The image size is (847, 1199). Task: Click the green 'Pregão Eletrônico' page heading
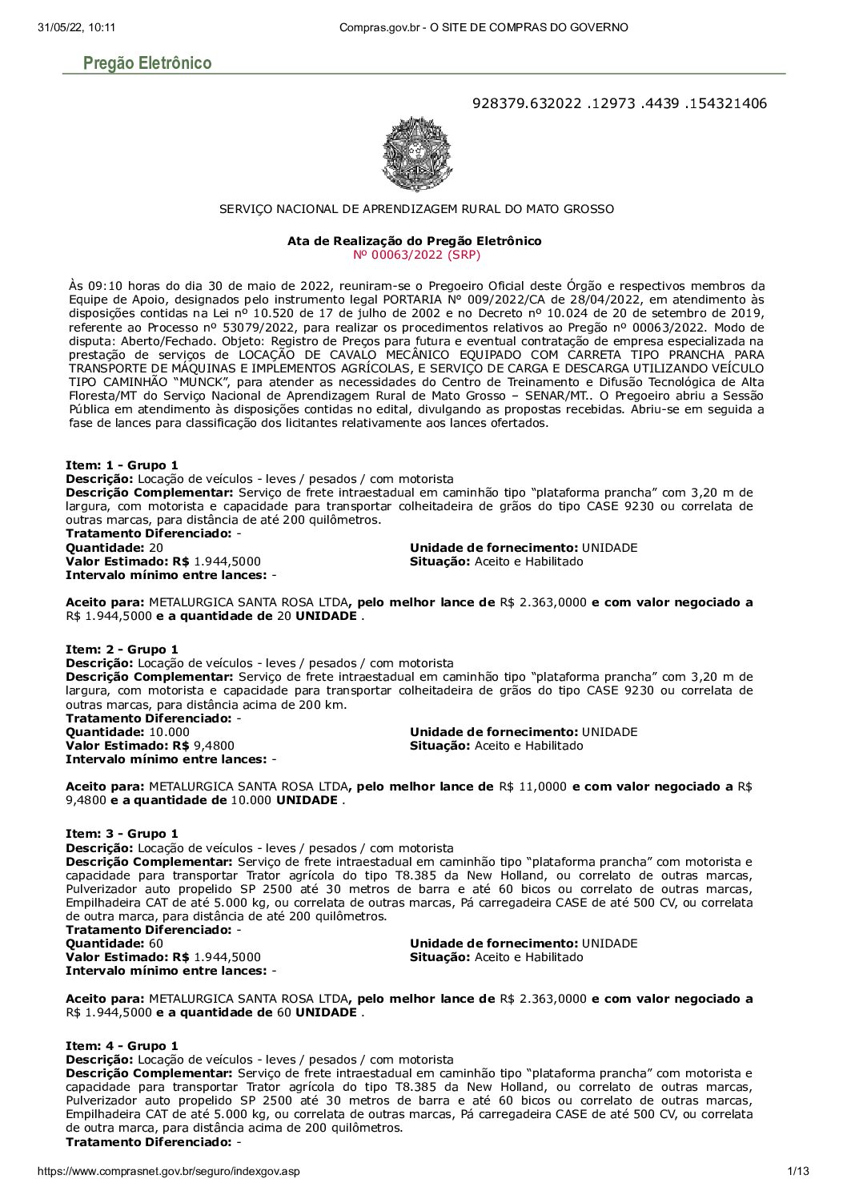click(x=147, y=63)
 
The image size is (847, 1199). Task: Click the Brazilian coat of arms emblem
click(x=417, y=154)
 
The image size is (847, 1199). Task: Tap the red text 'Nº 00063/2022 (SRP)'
click(x=416, y=255)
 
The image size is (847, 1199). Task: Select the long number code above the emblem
click(x=619, y=103)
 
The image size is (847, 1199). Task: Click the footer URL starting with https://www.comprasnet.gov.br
click(x=169, y=1171)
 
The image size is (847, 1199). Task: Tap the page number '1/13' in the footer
click(x=798, y=1171)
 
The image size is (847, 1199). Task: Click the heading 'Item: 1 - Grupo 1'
click(x=122, y=465)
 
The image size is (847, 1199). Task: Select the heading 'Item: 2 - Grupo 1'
click(x=122, y=650)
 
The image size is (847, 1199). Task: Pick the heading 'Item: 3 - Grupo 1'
click(x=122, y=834)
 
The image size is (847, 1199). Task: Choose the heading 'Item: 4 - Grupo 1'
click(x=122, y=1046)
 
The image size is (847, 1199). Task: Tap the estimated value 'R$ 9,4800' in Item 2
click(x=214, y=746)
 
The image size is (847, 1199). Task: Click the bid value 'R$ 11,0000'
click(x=532, y=787)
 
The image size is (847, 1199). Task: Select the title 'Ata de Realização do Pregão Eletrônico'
click(x=415, y=241)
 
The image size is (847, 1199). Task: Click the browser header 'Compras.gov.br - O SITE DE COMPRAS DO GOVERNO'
click(x=484, y=27)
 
